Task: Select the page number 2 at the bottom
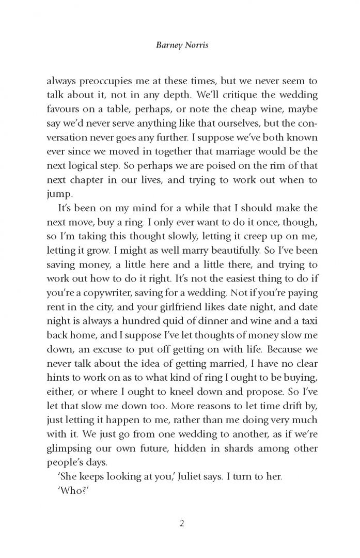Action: tap(181, 523)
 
